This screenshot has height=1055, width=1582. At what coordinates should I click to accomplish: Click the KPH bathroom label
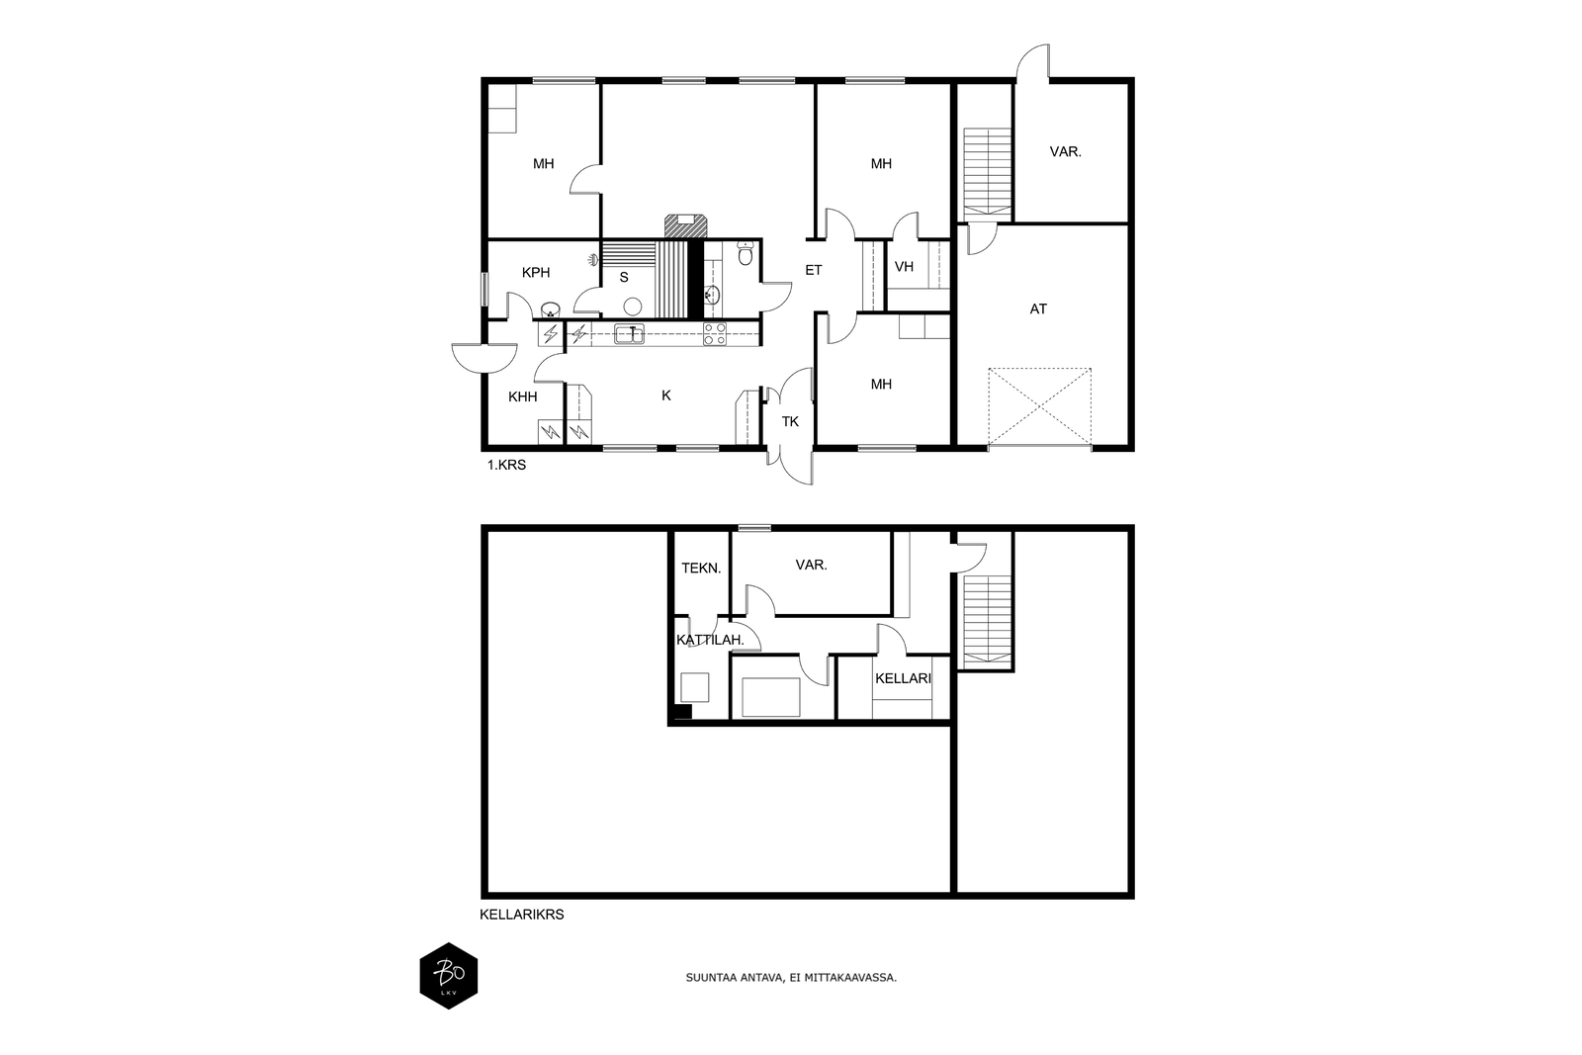point(535,273)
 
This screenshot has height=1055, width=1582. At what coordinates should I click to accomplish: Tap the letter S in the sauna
point(624,278)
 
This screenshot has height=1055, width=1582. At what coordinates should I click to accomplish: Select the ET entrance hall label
point(814,270)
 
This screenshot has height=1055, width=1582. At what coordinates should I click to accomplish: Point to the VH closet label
point(904,266)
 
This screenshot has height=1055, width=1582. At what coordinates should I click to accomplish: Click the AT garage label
point(1038,308)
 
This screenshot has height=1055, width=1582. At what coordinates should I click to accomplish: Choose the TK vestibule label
point(790,421)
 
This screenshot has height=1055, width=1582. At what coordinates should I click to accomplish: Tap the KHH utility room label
point(523,396)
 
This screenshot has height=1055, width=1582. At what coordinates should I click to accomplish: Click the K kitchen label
point(666,396)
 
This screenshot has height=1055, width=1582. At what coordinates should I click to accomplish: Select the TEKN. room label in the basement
point(701,568)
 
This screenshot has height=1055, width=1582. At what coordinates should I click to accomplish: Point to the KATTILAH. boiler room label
point(711,640)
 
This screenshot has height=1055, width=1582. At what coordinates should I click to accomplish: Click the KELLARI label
point(904,678)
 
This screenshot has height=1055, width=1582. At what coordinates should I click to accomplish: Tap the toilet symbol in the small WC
point(746,253)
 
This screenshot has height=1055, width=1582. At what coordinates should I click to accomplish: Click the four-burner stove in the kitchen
point(715,334)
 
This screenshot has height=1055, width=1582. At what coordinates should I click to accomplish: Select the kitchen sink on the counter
point(629,334)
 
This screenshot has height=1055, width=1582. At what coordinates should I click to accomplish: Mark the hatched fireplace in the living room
point(685,226)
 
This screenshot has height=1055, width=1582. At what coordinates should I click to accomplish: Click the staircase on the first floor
point(988,172)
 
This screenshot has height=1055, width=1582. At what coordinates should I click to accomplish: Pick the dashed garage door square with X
point(1039,407)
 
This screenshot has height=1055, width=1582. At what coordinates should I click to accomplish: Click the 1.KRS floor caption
point(506,466)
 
